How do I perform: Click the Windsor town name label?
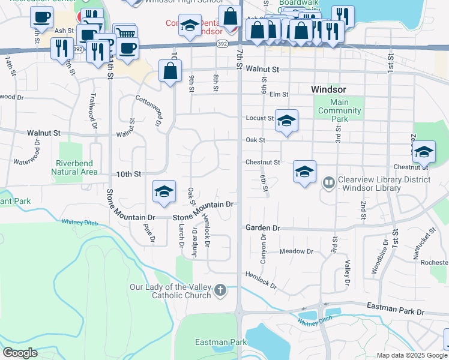(328, 89)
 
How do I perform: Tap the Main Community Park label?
(340, 110)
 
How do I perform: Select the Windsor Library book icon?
(328, 181)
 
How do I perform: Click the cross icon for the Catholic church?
(220, 291)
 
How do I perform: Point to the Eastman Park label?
(221, 342)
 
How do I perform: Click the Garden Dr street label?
(263, 228)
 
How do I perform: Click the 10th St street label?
(128, 174)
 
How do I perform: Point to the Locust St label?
(259, 118)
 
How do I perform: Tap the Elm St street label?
(279, 94)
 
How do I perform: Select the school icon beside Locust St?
(286, 121)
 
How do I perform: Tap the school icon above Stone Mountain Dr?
(164, 191)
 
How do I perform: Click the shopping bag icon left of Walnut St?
(170, 71)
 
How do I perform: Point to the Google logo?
(20, 353)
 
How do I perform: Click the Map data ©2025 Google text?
(411, 355)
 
